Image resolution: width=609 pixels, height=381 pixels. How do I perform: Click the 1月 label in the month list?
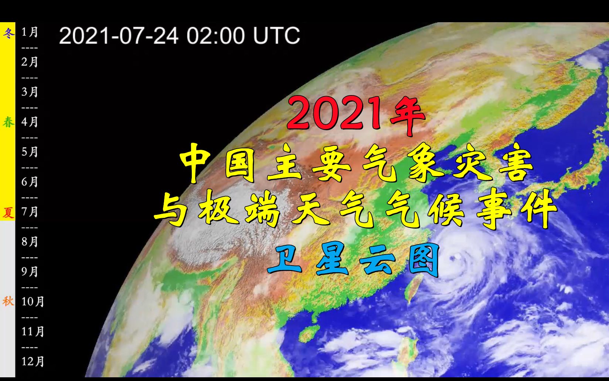[30, 32]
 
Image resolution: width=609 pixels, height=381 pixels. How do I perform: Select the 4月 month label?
[30, 122]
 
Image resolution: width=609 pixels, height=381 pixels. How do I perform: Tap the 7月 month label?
[30, 212]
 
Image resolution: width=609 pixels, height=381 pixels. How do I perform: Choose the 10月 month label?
[33, 301]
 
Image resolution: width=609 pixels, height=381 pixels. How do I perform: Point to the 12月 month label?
[33, 361]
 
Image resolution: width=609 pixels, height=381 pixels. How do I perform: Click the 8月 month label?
[30, 242]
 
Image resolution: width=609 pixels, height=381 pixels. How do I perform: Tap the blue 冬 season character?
[8, 33]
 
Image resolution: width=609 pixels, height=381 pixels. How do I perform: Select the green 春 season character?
[8, 122]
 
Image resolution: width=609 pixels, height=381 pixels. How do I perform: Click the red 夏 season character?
[8, 213]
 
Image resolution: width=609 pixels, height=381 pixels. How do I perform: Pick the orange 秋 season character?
[8, 301]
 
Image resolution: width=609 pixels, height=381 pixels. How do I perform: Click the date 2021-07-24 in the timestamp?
[119, 36]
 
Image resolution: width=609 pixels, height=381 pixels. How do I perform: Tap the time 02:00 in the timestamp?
[215, 36]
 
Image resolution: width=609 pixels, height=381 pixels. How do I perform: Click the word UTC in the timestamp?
[276, 36]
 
